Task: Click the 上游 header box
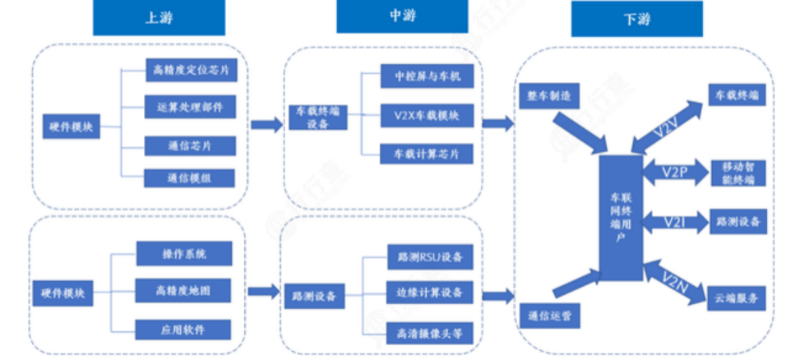click(x=159, y=18)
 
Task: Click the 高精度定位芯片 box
click(x=191, y=71)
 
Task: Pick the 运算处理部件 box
click(x=191, y=108)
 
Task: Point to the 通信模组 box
click(x=191, y=178)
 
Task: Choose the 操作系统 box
click(x=184, y=253)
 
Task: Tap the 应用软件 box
click(x=184, y=329)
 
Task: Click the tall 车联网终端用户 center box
click(x=620, y=216)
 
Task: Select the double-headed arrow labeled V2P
click(x=671, y=173)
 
